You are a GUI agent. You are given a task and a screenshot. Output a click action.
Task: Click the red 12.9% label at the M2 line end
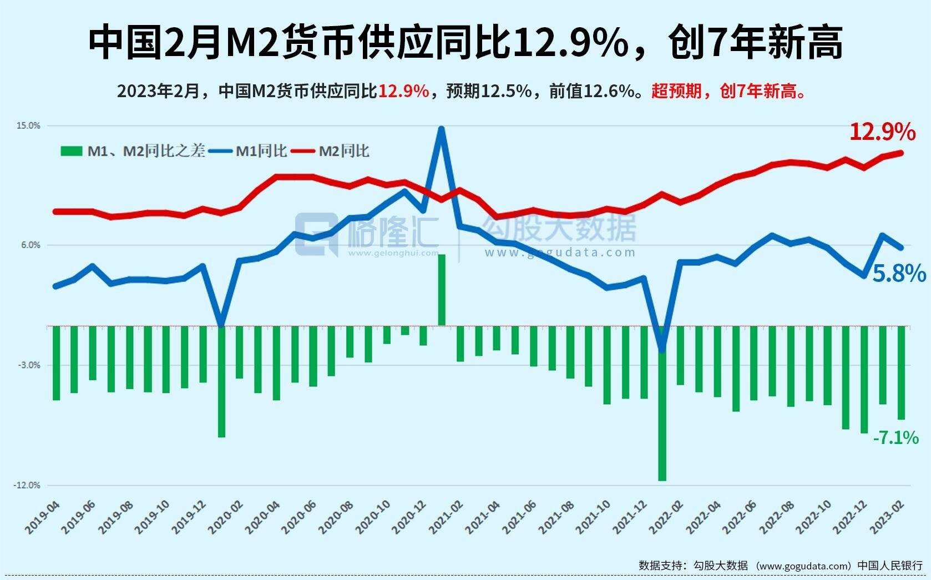pyautogui.click(x=882, y=132)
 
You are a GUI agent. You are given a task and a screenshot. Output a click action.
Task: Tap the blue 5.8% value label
pyautogui.click(x=899, y=273)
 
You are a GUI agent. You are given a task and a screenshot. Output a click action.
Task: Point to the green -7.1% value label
pyautogui.click(x=895, y=438)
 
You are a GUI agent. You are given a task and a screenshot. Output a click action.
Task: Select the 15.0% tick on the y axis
pyautogui.click(x=28, y=126)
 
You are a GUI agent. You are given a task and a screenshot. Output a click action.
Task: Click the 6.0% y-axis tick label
pyautogui.click(x=31, y=245)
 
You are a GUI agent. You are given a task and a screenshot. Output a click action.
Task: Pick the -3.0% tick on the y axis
pyautogui.click(x=29, y=365)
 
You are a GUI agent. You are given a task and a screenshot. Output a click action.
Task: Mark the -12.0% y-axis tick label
pyautogui.click(x=27, y=485)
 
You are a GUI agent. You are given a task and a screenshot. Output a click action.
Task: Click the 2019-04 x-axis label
pyautogui.click(x=43, y=516)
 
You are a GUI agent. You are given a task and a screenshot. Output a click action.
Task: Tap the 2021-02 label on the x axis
pyautogui.click(x=448, y=516)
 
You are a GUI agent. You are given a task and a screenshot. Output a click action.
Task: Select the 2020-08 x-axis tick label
pyautogui.click(x=337, y=516)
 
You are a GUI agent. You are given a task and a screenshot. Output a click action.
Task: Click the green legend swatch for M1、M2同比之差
pyautogui.click(x=71, y=151)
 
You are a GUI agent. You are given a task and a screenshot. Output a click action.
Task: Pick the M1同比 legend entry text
pyautogui.click(x=261, y=151)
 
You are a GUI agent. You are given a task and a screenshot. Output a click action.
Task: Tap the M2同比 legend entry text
pyautogui.click(x=343, y=151)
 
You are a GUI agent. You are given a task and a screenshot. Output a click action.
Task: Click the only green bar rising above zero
pyautogui.click(x=442, y=289)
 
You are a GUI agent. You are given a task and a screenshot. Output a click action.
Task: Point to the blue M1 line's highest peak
pyautogui.click(x=441, y=129)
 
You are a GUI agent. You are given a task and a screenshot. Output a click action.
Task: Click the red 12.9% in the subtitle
pyautogui.click(x=403, y=91)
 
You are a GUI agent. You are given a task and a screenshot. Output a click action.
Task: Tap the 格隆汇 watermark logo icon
pyautogui.click(x=316, y=234)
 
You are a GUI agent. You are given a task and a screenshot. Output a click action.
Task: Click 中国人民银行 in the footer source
pyautogui.click(x=889, y=566)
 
